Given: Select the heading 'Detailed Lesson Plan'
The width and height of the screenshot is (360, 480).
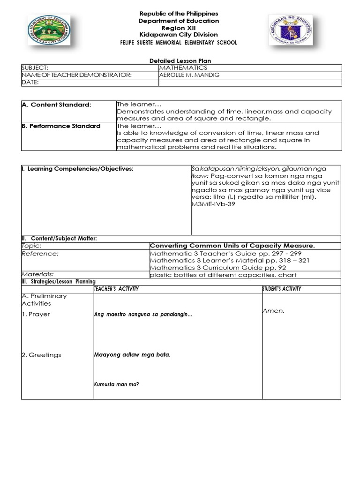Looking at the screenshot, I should [x=177, y=61].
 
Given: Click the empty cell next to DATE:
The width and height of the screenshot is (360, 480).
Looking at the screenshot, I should [x=250, y=82].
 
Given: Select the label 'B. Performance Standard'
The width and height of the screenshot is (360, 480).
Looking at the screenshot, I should [x=61, y=126].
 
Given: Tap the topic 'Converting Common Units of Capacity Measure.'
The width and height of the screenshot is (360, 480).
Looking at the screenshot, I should [x=232, y=246].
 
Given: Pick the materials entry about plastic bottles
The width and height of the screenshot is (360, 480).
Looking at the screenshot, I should [x=223, y=275].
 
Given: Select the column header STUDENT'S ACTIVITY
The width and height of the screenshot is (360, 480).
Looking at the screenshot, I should [x=282, y=289].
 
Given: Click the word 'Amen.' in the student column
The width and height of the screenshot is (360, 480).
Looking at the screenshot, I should [x=274, y=311].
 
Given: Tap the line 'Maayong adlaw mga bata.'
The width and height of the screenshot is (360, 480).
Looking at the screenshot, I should [x=132, y=355].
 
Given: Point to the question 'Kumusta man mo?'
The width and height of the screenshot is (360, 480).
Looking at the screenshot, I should [x=117, y=385].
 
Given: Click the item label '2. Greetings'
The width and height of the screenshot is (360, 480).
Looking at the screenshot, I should [x=41, y=355].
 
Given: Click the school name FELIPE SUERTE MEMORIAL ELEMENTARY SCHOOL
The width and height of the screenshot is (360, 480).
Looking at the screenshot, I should [x=179, y=43].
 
